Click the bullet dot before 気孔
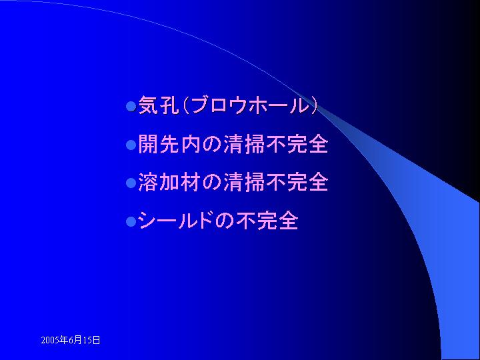pos(131,107)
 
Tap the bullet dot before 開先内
pos(131,145)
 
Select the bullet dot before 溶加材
pos(131,183)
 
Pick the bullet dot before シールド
pos(131,221)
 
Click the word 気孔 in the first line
pos(159,105)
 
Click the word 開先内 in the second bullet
pos(169,143)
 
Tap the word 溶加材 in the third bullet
pos(169,182)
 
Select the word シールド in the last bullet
pos(175,220)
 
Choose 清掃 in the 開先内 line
pos(244,143)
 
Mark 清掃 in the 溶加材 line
pos(244,182)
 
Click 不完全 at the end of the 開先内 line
pos(297,143)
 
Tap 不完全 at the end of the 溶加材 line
pos(297,182)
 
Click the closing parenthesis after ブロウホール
pos(313,105)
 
